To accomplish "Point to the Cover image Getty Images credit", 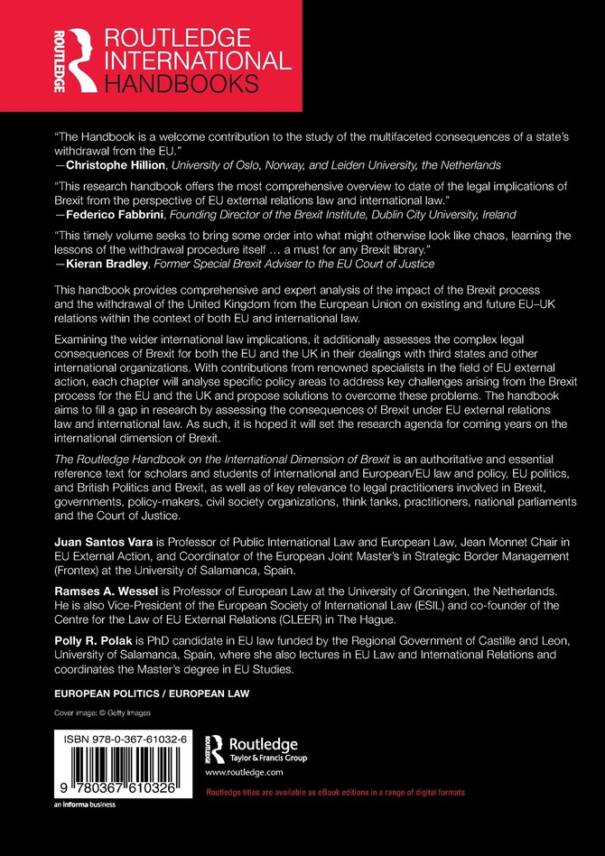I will click(100, 712).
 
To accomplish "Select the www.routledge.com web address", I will click(244, 774).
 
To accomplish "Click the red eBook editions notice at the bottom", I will click(336, 792).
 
